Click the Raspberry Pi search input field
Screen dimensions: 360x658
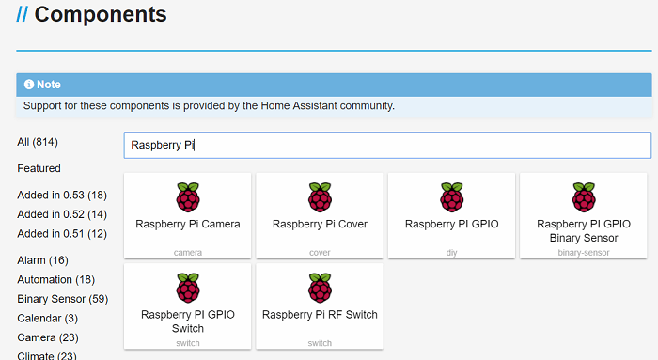click(386, 145)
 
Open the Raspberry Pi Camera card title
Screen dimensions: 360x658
click(188, 225)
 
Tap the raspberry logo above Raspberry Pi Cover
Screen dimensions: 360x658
click(320, 197)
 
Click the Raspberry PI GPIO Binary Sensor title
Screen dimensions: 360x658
click(584, 231)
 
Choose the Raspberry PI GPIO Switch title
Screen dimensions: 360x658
click(188, 321)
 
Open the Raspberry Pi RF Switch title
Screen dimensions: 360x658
click(320, 315)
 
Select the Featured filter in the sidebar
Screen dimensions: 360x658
click(39, 168)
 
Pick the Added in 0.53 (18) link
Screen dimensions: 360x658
click(62, 195)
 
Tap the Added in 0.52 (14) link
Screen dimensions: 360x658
click(62, 214)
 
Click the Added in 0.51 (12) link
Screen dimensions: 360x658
click(62, 233)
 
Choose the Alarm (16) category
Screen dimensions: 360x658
click(42, 259)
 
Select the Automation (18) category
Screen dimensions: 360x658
click(56, 279)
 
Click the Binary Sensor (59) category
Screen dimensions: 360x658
click(62, 299)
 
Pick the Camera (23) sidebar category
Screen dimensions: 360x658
click(47, 337)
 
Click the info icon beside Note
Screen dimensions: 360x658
click(29, 85)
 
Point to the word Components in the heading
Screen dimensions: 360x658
click(101, 15)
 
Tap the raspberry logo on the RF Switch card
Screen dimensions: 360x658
click(320, 288)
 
